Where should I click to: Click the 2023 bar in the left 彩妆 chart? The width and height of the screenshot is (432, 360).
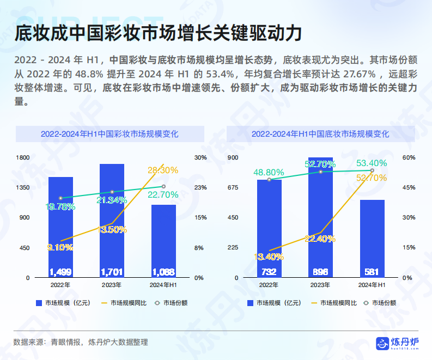coord(112,221)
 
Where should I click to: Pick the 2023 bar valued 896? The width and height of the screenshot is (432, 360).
coord(320,218)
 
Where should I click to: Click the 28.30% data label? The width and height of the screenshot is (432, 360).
coord(162,170)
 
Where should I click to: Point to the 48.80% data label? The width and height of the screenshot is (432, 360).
coord(269,172)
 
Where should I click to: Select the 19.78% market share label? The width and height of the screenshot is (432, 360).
coord(60,206)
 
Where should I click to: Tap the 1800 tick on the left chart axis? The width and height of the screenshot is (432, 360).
coord(23,157)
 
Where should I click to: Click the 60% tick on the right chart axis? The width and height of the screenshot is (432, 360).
coord(409,157)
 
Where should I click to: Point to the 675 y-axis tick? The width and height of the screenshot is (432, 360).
coord(233,187)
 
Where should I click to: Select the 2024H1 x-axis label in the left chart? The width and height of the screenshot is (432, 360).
coord(163,285)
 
